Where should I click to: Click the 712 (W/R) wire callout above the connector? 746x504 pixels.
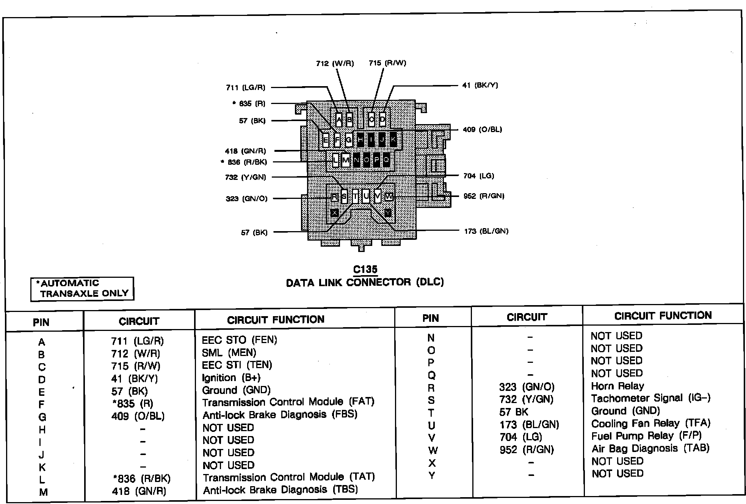[x=335, y=63]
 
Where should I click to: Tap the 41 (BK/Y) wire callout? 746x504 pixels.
[x=480, y=85]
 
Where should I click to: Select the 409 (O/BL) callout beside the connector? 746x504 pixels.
[x=482, y=130]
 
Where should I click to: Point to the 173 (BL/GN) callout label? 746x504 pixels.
[x=486, y=231]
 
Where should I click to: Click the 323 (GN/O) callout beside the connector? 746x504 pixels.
[x=246, y=198]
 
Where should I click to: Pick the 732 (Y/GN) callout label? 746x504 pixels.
[x=245, y=177]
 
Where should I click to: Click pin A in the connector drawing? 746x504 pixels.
[x=339, y=120]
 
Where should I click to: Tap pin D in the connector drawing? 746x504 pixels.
[x=382, y=120]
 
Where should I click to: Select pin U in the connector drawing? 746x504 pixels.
[x=365, y=196]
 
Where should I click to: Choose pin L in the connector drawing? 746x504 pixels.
[x=335, y=161]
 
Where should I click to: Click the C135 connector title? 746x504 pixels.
[x=365, y=269]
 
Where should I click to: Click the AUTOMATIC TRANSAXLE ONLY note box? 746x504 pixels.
[x=82, y=288]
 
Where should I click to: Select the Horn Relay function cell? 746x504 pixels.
[x=617, y=386]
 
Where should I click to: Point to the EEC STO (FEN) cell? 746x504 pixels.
[x=239, y=340]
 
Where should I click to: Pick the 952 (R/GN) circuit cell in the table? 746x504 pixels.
[x=527, y=450]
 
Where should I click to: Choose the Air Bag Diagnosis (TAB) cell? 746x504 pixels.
[x=650, y=448]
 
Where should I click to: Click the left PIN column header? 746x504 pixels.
[x=41, y=323]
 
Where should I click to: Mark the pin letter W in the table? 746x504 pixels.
[x=433, y=450]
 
